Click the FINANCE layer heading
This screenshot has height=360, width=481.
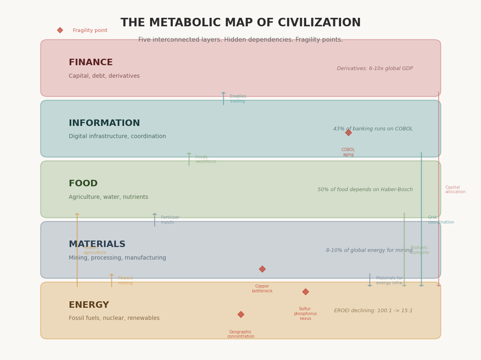pos(91,63)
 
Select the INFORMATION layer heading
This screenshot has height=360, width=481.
pos(104,124)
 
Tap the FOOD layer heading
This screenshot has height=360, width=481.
pos(83,184)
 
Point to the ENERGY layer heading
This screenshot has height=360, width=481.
pos(89,305)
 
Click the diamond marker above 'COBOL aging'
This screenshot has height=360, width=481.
pos(348,133)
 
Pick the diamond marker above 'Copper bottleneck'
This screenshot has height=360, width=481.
pos(262,269)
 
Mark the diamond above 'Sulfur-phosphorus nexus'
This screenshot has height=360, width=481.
pos(305,292)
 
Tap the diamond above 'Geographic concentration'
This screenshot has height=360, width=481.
pos(241,315)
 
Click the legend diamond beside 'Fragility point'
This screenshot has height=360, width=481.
pos(60,30)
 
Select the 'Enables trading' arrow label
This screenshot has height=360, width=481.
pos(238,99)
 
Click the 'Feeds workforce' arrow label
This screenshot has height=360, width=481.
pos(206,160)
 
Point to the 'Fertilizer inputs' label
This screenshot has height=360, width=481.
pos(170,220)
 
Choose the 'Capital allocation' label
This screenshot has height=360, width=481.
pos(455,190)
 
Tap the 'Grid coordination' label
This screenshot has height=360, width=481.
pos(441,220)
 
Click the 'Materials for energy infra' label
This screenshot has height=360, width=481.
pos(389,281)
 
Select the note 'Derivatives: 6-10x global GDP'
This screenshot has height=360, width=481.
pos(375,69)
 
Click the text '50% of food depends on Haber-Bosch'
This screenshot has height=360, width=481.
pos(365,190)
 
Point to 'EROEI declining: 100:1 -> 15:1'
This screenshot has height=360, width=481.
pos(373,311)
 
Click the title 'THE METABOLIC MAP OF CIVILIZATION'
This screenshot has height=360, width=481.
pos(240,23)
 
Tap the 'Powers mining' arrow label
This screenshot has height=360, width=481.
pos(125,281)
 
